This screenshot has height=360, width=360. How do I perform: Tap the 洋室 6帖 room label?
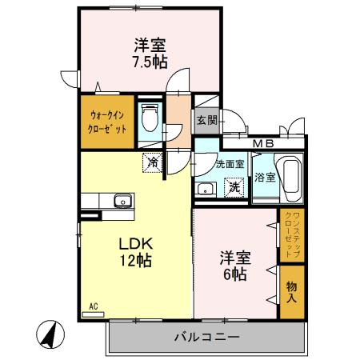coord(236,266)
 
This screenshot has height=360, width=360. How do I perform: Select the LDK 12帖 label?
coord(136,250)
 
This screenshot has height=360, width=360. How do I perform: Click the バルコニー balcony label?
coord(206,338)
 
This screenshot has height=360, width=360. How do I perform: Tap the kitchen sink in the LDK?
coord(122,201)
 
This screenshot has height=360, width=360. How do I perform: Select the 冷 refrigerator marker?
coord(151,162)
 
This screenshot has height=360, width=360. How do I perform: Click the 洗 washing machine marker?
coord(234,188)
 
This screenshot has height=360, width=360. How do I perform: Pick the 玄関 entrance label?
coord(206,121)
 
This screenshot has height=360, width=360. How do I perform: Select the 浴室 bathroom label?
coord(265,178)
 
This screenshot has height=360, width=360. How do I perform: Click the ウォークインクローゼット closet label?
coord(107,121)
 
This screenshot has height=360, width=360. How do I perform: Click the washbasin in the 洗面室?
coord(205,189)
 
